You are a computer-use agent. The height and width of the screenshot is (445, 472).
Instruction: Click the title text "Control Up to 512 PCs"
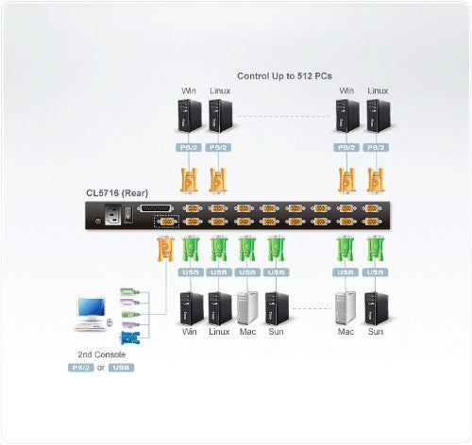pyautogui.click(x=282, y=74)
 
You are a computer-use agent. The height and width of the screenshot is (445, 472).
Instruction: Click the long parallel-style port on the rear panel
pyautogui.click(x=160, y=208)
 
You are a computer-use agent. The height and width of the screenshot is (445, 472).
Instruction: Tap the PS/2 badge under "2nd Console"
pyautogui.click(x=81, y=369)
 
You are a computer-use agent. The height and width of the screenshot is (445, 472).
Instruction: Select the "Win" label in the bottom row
pyautogui.click(x=188, y=332)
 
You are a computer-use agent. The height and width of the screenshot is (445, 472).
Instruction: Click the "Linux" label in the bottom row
pyautogui.click(x=219, y=332)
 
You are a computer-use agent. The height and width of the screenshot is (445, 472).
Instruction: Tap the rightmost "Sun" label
pyautogui.click(x=376, y=332)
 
